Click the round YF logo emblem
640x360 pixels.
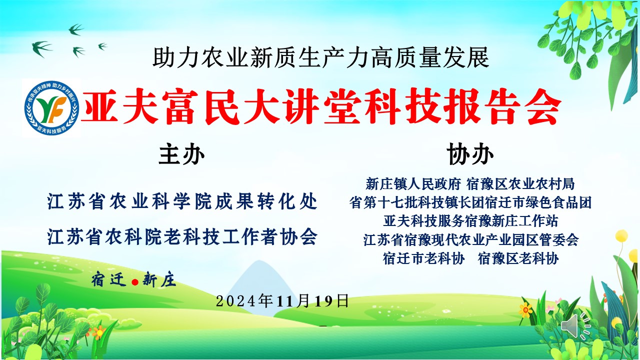(51, 107)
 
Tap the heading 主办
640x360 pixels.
(181, 154)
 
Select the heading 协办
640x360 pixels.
(470, 154)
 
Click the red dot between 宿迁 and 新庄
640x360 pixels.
(135, 282)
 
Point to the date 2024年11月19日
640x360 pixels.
(282, 301)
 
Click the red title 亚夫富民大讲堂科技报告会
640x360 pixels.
(321, 106)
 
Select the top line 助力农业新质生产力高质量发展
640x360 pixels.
(320, 58)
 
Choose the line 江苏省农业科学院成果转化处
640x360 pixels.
(182, 201)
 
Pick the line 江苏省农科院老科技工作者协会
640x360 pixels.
(182, 237)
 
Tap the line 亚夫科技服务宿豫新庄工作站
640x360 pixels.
(470, 221)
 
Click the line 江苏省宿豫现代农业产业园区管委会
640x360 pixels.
(471, 239)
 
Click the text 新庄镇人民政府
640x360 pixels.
(413, 184)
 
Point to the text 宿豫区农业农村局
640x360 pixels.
(520, 184)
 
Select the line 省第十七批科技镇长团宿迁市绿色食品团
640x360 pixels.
(470, 202)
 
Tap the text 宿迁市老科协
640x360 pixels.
(424, 258)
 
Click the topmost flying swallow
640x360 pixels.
(76, 29)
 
